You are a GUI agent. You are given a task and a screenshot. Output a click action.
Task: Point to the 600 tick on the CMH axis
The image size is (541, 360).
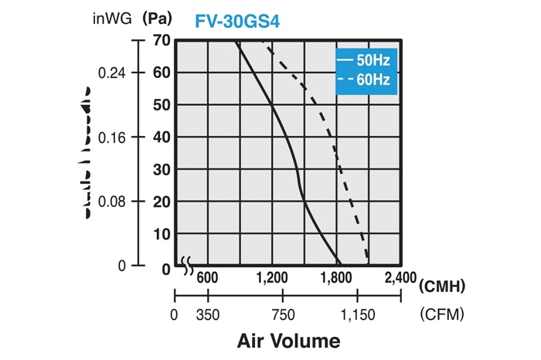208,279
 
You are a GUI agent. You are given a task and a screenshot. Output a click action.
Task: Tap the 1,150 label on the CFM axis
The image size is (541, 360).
357,315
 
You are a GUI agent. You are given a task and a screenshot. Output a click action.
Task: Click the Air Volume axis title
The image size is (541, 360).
288,341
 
